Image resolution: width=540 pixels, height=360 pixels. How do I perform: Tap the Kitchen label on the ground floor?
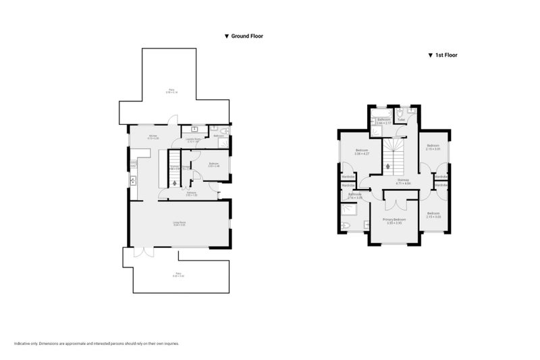tap(144, 136)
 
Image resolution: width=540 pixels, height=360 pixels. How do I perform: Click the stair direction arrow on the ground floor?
tap(174, 182)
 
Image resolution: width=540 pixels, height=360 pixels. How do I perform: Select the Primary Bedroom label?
tap(394, 221)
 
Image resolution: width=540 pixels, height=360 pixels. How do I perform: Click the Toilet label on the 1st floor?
tap(401, 120)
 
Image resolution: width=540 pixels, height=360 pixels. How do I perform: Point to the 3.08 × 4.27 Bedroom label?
tap(362, 151)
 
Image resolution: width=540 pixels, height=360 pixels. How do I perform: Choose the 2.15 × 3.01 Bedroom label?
tap(433, 147)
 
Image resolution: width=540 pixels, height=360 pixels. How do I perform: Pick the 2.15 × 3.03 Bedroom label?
tap(433, 215)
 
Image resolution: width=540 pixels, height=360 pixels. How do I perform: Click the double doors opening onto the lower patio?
tap(142, 252)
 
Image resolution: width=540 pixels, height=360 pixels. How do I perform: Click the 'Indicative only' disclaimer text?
tap(95, 344)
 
